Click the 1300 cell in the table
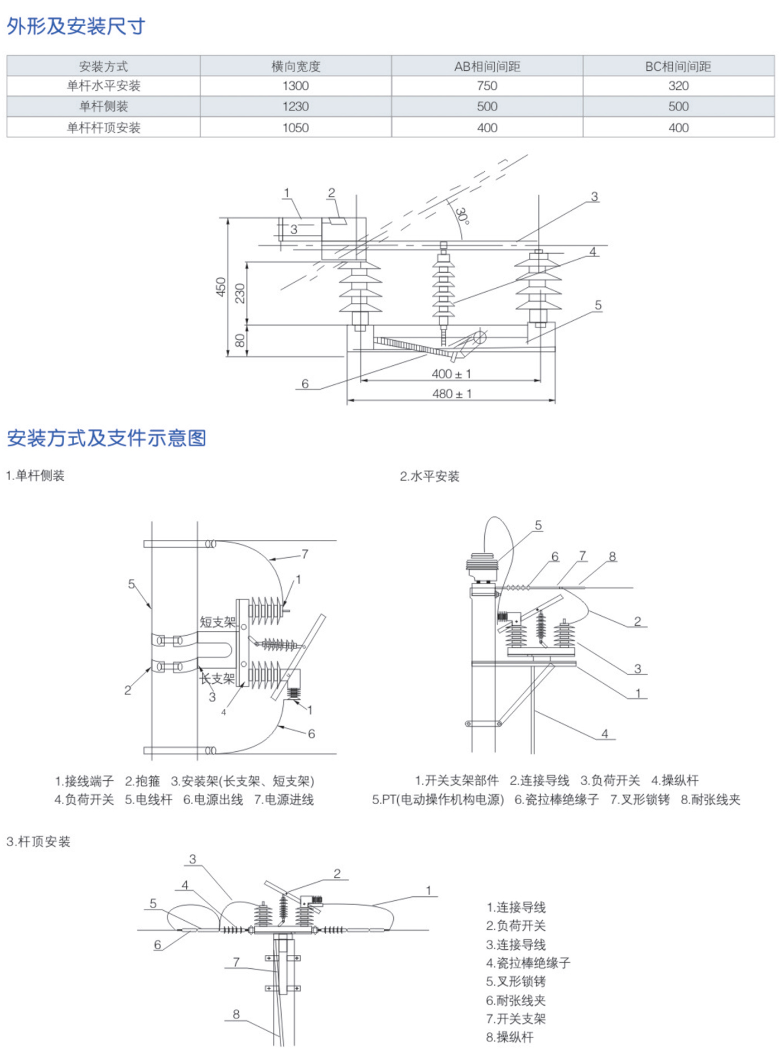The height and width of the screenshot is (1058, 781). pyautogui.click(x=295, y=86)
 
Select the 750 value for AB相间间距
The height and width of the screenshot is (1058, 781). pyautogui.click(x=487, y=86)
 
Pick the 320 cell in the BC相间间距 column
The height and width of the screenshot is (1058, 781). pyautogui.click(x=678, y=86)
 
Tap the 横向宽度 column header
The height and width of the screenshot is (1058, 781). pyautogui.click(x=295, y=66)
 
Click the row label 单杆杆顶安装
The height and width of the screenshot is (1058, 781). pyautogui.click(x=103, y=128)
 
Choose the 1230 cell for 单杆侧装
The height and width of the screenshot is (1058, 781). pyautogui.click(x=295, y=107)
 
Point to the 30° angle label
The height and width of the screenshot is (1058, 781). pyautogui.click(x=462, y=216)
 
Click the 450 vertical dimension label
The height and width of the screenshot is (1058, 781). pyautogui.click(x=221, y=287)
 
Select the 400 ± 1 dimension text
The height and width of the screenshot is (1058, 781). pyautogui.click(x=451, y=374)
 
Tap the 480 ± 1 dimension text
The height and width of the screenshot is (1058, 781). pyautogui.click(x=451, y=394)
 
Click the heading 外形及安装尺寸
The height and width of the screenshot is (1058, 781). pyautogui.click(x=76, y=26)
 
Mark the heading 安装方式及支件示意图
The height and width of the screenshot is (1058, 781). pyautogui.click(x=107, y=438)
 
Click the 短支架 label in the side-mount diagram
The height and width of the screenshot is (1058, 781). pyautogui.click(x=218, y=622)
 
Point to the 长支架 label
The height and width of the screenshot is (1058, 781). pyautogui.click(x=217, y=678)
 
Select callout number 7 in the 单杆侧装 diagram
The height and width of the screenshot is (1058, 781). pyautogui.click(x=305, y=554)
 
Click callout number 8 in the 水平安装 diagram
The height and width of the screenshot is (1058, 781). pyautogui.click(x=613, y=556)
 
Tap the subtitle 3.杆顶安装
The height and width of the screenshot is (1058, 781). pyautogui.click(x=38, y=842)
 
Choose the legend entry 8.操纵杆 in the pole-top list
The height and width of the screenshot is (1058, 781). pyautogui.click(x=510, y=1037)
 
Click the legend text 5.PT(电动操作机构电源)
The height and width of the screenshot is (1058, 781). pyautogui.click(x=438, y=800)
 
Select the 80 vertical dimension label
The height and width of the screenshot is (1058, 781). pyautogui.click(x=240, y=340)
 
